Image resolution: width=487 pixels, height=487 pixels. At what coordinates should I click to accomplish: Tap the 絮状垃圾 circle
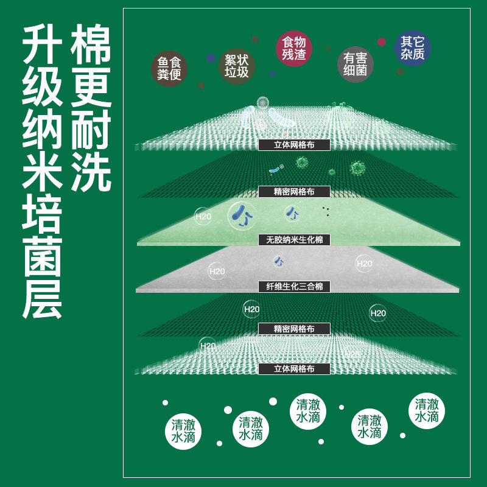coord(236,66)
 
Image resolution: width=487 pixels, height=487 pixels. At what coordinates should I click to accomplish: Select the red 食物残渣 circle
coord(294,48)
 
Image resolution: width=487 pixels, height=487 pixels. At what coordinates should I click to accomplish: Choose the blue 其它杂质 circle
coord(413,48)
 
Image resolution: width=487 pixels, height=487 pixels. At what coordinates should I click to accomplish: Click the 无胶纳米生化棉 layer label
coord(294,240)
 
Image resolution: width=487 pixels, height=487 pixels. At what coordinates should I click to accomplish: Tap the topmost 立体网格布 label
coord(294,145)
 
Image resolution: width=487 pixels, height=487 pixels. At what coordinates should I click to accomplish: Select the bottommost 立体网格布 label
coord(294,369)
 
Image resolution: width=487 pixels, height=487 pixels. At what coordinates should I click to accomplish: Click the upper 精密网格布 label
coord(294,192)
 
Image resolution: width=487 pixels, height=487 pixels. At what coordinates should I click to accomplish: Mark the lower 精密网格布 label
coord(294,329)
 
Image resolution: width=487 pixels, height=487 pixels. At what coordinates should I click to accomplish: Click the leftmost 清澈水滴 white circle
coord(183,431)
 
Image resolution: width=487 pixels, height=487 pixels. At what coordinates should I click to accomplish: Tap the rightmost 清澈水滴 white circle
coord(427,410)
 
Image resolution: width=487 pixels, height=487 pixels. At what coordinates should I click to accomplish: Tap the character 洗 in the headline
coord(91,172)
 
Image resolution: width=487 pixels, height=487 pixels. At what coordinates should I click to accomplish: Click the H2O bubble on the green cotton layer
coord(203,216)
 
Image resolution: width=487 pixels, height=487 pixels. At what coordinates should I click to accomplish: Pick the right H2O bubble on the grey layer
coord(364,264)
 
